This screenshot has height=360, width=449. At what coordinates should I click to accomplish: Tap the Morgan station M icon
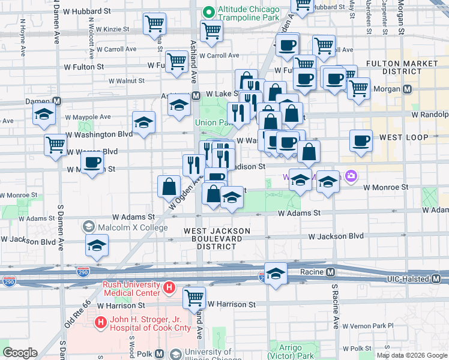pyautogui.click(x=407, y=89)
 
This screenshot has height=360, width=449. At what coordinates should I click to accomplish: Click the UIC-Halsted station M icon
pyautogui.click(x=438, y=279)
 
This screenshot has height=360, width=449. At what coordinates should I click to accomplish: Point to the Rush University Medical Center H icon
pyautogui.click(x=170, y=289)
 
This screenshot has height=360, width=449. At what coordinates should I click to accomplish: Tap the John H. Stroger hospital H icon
pyautogui.click(x=100, y=323)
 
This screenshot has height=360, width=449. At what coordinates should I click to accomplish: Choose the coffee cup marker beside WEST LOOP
pyautogui.click(x=361, y=141)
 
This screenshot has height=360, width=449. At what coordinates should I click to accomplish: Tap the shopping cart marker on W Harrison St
pyautogui.click(x=194, y=297)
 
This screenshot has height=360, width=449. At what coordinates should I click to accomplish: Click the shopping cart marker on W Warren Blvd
pyautogui.click(x=55, y=145)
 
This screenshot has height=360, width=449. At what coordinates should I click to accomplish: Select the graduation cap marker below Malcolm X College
pyautogui.click(x=96, y=245)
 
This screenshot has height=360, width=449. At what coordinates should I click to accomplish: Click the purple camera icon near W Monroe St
pyautogui.click(x=351, y=177)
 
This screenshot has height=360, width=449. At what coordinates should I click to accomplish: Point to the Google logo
pyautogui.click(x=20, y=352)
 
